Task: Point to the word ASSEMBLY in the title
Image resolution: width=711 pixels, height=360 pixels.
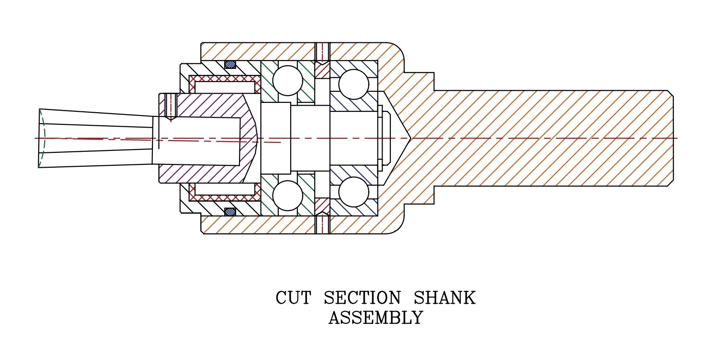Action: (376, 318)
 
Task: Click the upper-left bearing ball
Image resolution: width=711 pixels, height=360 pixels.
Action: (287, 81)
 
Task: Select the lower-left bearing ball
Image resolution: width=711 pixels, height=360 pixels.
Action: (287, 196)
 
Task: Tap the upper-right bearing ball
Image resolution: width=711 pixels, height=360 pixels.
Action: (354, 84)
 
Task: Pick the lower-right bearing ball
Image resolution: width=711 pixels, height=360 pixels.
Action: (354, 192)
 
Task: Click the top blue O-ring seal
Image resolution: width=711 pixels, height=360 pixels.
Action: (230, 64)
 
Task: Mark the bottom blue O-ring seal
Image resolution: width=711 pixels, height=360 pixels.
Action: (230, 212)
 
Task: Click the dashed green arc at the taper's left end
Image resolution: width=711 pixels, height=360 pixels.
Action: (42, 138)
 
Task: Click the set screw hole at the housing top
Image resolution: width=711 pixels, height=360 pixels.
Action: (322, 52)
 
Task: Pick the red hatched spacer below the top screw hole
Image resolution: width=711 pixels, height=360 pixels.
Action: (322, 70)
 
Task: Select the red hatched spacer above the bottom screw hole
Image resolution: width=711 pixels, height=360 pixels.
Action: (322, 206)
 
